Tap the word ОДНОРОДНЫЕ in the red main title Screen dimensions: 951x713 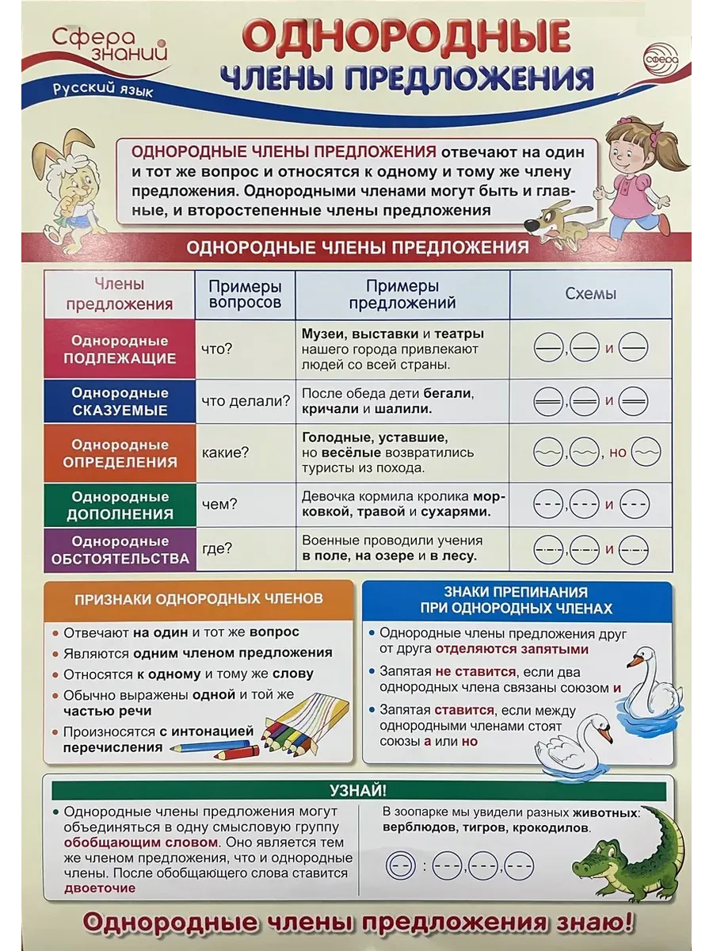pos(405,38)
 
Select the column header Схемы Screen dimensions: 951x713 pos(590,294)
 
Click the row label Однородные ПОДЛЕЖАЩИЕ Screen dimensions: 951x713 pos(120,349)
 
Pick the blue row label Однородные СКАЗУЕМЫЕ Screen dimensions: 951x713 pos(120,401)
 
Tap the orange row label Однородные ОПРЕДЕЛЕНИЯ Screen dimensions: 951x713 pos(120,453)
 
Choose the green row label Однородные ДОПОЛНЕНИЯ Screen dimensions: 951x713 pos(120,505)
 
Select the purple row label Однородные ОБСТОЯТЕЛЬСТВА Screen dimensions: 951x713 pos(120,549)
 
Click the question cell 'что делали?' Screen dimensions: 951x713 pos(246,401)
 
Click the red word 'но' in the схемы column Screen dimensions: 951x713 pos(618,453)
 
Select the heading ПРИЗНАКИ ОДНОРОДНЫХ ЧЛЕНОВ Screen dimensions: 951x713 pos(198,599)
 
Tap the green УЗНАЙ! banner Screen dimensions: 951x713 pos(357,790)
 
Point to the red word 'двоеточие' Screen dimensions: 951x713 pos(100,888)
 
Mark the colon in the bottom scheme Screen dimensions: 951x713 pos(424,865)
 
